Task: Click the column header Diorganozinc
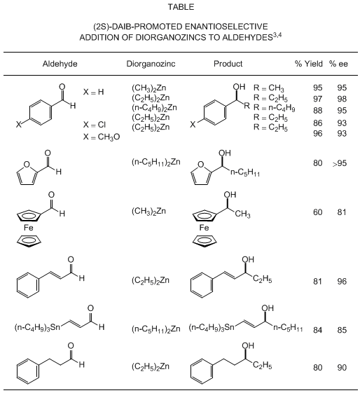click(151, 64)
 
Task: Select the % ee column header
click(338, 64)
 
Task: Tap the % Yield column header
click(308, 64)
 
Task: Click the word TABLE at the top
click(181, 7)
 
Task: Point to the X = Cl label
click(95, 125)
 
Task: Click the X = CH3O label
click(102, 137)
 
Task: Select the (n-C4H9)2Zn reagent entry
click(154, 107)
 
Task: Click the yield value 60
click(317, 212)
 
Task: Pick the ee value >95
click(340, 163)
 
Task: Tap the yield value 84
click(317, 330)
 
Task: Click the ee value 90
click(342, 368)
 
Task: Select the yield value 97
click(317, 99)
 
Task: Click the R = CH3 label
click(268, 88)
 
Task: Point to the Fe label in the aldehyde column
click(28, 228)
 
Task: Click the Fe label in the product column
click(204, 228)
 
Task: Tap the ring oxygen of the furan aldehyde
click(27, 164)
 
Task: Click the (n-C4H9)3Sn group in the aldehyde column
click(37, 327)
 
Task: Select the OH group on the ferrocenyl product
click(230, 195)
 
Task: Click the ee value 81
click(342, 212)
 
